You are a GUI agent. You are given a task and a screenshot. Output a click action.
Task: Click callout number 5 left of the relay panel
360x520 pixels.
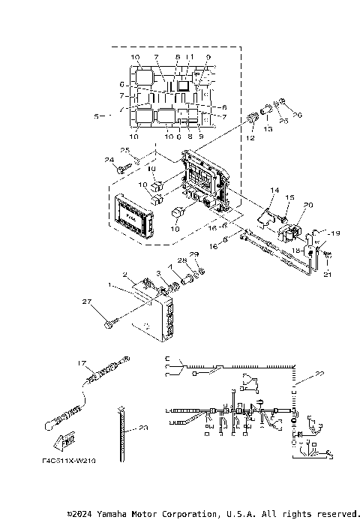[x=97, y=116]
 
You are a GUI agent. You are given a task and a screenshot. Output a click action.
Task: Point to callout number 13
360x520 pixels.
[x=268, y=130]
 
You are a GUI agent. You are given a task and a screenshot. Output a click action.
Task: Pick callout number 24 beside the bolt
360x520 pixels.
[x=109, y=160]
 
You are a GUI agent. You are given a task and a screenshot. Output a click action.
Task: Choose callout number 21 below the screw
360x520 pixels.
[x=325, y=275]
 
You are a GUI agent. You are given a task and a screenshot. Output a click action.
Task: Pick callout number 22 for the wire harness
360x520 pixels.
[x=321, y=374]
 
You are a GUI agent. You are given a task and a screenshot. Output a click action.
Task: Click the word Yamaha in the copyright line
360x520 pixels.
[x=123, y=514]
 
